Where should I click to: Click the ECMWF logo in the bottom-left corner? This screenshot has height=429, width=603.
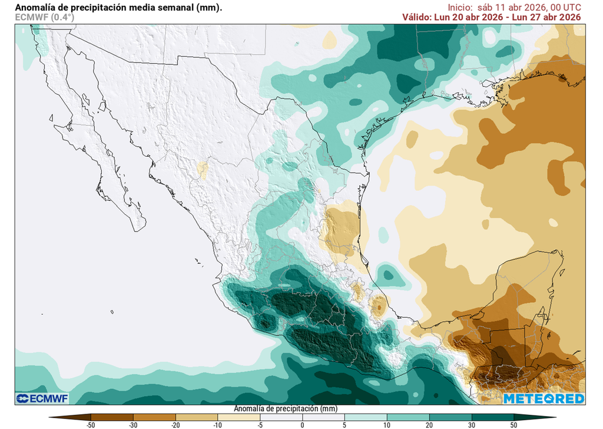42,399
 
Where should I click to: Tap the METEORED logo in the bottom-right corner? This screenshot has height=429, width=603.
544,399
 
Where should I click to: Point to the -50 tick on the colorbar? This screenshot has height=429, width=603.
91,424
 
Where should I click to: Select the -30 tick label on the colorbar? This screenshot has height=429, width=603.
133,424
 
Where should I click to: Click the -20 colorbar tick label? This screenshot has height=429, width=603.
175,424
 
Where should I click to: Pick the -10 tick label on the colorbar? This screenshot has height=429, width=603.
218,424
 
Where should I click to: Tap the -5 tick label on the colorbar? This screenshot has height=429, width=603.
260,424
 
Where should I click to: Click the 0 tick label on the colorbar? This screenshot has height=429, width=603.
302,424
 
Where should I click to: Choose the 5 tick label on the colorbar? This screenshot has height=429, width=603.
344,424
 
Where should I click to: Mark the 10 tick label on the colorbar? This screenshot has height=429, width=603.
387,424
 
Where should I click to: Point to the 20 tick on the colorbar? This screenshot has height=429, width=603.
429,424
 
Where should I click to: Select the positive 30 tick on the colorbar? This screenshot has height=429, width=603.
472,424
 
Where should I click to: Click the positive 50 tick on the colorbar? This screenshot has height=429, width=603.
514,424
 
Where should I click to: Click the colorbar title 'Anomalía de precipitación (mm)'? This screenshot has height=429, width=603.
285,408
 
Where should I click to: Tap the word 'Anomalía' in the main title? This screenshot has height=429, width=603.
35,8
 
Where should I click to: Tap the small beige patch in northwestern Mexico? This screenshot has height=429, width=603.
203,170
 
